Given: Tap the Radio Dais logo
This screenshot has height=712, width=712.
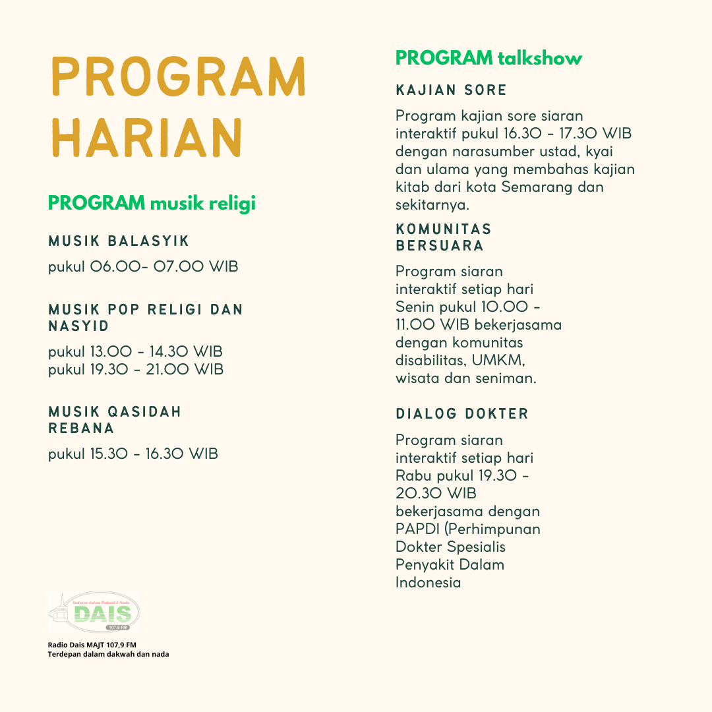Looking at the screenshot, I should [x=94, y=612].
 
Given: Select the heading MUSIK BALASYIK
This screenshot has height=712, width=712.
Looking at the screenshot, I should [x=119, y=241].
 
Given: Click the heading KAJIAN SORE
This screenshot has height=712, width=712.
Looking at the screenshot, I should [x=452, y=90].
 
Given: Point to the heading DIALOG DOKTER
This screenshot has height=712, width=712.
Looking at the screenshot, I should [x=462, y=414].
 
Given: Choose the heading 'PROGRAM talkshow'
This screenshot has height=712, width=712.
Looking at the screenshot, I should [x=489, y=58].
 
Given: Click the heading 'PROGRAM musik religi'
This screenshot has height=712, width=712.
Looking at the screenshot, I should [x=152, y=204].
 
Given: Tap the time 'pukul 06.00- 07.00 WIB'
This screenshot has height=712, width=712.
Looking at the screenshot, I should [x=143, y=267].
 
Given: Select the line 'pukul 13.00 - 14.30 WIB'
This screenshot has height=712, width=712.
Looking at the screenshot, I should [x=135, y=351].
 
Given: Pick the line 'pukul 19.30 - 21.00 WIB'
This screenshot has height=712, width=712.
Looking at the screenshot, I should [x=135, y=369].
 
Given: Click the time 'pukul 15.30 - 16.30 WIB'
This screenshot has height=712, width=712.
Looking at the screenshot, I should [x=133, y=454].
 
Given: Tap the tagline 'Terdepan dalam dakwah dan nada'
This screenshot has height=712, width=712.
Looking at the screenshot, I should [x=108, y=654].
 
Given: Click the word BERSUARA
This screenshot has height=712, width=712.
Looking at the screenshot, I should [x=440, y=246].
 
